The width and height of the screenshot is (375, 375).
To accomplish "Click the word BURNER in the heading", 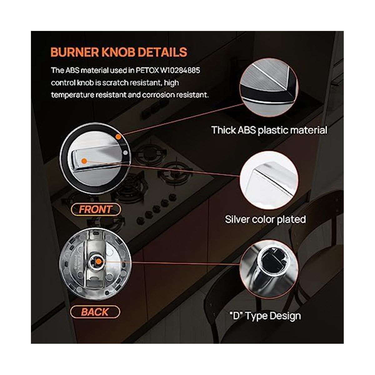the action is pyautogui.click(x=75, y=52).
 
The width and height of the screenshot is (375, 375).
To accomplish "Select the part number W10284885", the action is pyautogui.click(x=180, y=70).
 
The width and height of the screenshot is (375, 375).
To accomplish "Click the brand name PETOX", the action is pyautogui.click(x=147, y=70).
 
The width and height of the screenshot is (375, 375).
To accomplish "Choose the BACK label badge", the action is pyautogui.click(x=95, y=312).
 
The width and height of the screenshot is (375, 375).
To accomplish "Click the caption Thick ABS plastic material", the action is pyautogui.click(x=269, y=130).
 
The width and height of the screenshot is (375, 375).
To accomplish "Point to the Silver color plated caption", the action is pyautogui.click(x=265, y=219).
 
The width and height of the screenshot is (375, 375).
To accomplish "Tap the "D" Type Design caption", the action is pyautogui.click(x=265, y=316).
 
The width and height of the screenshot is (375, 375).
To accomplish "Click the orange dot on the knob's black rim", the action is pyautogui.click(x=118, y=137).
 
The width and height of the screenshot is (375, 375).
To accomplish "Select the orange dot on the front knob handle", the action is pyautogui.click(x=84, y=161).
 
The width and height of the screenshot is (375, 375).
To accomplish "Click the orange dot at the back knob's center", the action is pyautogui.click(x=99, y=262).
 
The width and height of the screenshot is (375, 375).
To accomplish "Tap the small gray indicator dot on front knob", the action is pyautogui.click(x=126, y=153).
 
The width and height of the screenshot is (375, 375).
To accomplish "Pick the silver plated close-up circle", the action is pyautogui.click(x=269, y=180).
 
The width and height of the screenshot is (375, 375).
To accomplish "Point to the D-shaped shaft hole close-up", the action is pyautogui.click(x=269, y=269).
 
